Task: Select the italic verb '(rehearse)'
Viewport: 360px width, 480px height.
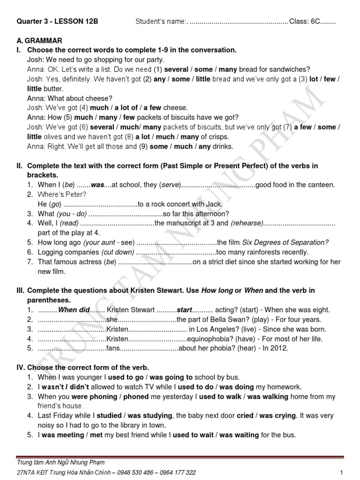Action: pyautogui.click(x=247, y=223)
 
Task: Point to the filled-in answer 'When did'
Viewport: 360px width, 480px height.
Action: pyautogui.click(x=72, y=310)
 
